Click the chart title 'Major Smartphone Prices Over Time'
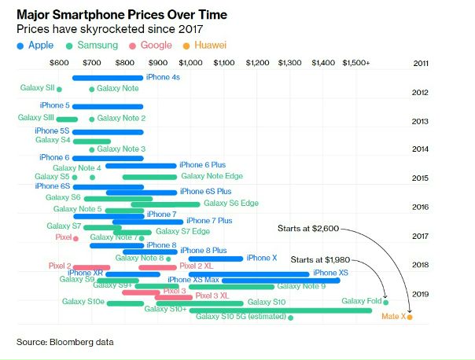coord(113,13)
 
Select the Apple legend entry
coord(35,46)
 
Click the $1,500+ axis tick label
coord(355,62)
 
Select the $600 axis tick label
coord(58,62)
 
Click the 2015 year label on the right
coord(419,178)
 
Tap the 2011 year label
coord(421,62)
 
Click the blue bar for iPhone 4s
coord(107,78)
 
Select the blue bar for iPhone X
coord(216,258)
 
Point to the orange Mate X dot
coord(410,317)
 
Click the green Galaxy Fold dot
coord(385,301)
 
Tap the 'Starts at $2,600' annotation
coord(308,229)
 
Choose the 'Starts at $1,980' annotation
coord(319,259)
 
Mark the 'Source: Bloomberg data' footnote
coord(65,342)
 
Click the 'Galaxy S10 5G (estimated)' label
coord(241,317)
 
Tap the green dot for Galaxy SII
coord(60,89)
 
